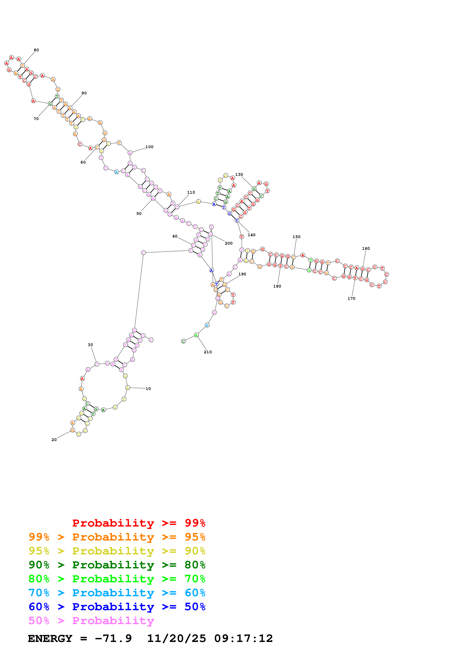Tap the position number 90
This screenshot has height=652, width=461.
click(x=84, y=93)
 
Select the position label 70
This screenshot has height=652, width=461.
click(x=36, y=119)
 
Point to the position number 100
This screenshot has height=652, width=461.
click(x=149, y=147)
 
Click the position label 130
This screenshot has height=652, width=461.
click(x=239, y=175)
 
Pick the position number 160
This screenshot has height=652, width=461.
click(x=366, y=248)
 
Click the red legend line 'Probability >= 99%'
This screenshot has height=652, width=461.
click(x=139, y=523)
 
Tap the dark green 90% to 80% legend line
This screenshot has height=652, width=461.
click(x=117, y=565)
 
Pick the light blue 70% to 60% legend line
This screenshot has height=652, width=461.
click(x=117, y=593)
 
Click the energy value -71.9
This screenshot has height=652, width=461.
click(x=113, y=638)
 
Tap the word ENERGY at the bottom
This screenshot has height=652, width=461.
click(x=50, y=638)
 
